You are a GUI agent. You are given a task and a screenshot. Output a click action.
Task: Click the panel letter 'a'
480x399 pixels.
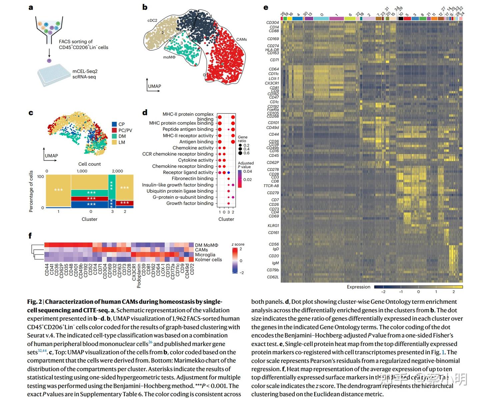coord(31,8)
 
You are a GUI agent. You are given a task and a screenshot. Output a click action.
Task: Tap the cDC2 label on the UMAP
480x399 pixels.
coord(152,20)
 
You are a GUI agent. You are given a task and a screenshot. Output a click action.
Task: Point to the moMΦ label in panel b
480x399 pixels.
coord(169,57)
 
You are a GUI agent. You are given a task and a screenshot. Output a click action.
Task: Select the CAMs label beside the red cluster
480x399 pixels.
coord(241,39)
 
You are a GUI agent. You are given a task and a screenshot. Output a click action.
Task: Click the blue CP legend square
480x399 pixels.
coord(114,124)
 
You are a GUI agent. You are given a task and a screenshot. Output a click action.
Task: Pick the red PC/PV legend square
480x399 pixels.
coord(114,130)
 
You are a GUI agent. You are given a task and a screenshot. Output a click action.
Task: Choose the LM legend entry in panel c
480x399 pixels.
coord(121,142)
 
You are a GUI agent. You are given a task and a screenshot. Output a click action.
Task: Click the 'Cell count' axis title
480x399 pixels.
coord(89,164)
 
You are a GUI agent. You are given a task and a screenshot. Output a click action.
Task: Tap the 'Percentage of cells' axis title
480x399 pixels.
coord(31,191)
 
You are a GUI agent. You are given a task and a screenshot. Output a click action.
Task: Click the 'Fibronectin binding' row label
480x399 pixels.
coord(192,179)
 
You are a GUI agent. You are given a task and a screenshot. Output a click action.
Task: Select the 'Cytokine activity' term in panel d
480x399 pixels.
coord(196,160)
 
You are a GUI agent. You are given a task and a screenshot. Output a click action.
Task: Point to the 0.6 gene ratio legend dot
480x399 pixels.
coord(240,153)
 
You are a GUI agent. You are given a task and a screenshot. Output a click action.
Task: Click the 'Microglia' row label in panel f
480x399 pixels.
coord(205,255)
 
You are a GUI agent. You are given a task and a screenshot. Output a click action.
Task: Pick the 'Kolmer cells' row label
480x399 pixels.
coord(208,260)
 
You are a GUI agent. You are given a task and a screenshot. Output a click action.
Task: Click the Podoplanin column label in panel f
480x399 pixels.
coord(139,276)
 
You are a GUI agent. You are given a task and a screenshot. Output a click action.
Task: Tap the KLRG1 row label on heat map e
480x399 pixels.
coord(273,226)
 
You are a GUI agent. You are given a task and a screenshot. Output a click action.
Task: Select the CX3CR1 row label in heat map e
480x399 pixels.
coord(272,83)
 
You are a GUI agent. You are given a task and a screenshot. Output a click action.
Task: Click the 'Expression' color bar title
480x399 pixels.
coord(358,287)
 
